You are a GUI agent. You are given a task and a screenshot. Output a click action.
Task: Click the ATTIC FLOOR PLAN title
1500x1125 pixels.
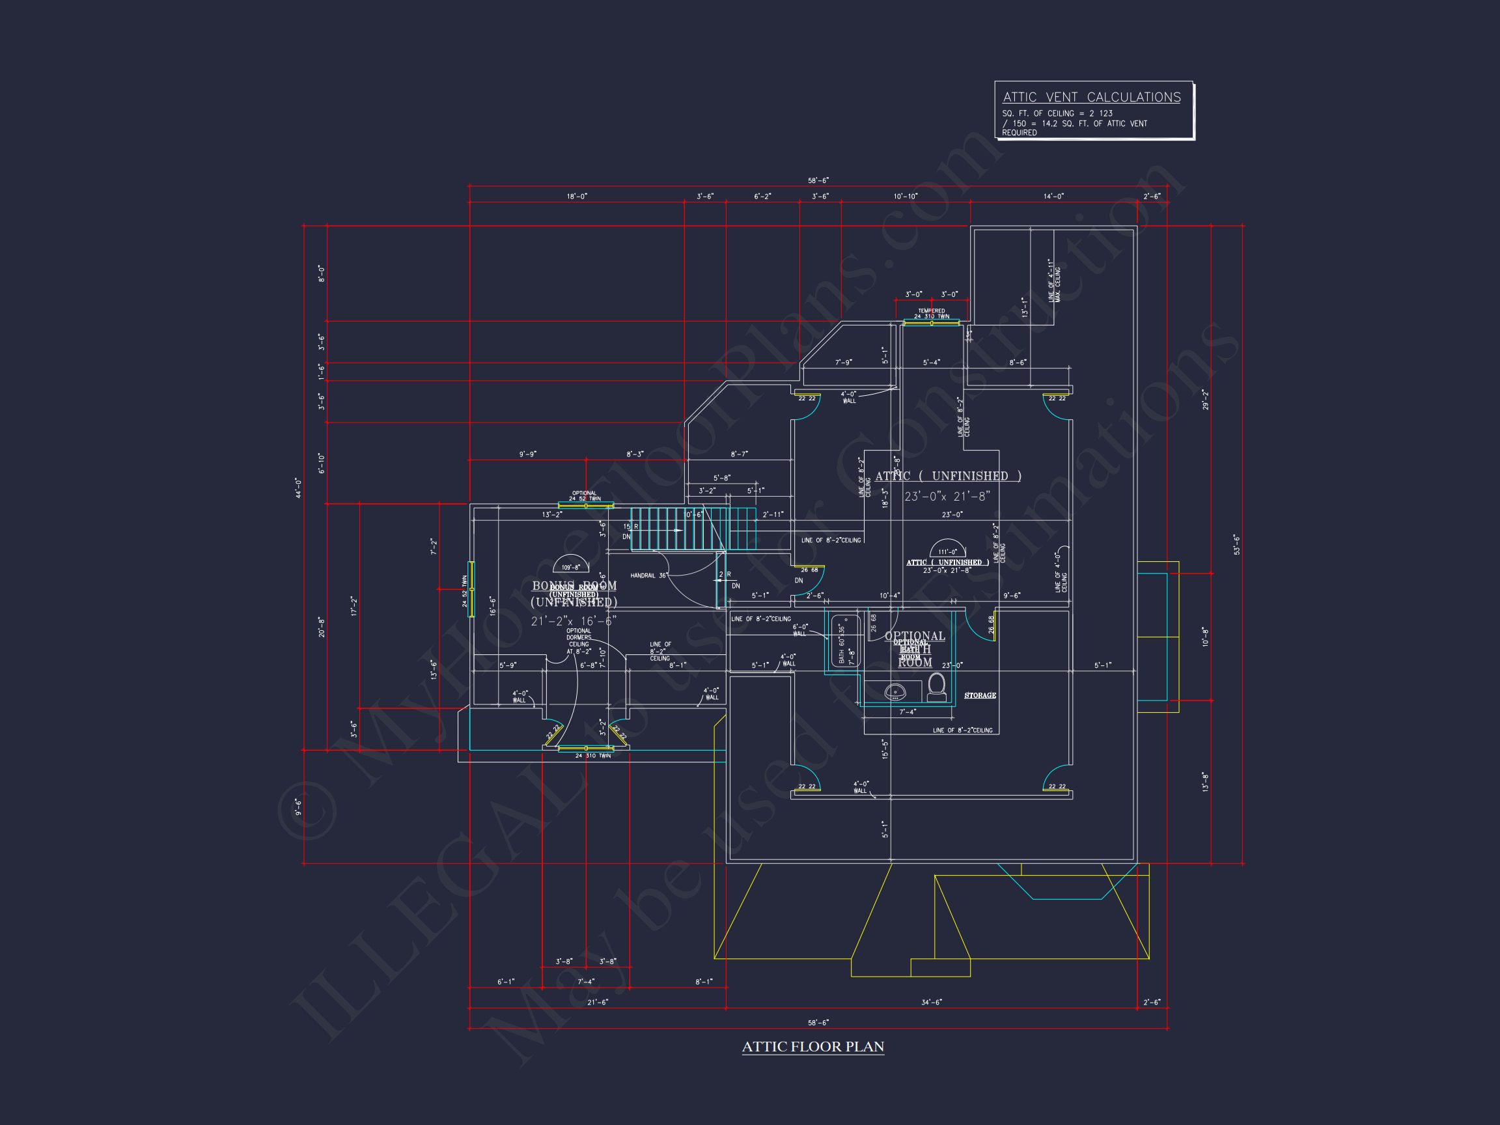(812, 1046)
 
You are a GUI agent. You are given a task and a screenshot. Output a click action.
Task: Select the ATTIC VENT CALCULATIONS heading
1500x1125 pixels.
(1091, 98)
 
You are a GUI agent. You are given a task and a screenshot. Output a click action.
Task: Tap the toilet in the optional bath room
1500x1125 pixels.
(936, 686)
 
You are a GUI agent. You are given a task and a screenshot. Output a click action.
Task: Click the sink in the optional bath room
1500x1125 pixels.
(895, 692)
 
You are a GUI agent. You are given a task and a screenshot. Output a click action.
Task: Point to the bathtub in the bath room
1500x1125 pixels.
(845, 641)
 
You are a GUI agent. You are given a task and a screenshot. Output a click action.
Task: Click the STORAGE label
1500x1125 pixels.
(980, 696)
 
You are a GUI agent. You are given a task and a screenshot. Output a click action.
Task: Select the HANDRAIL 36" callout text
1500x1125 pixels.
(649, 576)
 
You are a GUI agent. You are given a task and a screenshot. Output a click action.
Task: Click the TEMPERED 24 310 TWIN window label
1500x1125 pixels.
(931, 314)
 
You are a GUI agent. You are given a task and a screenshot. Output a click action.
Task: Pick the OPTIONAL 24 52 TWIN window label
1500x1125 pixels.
(585, 495)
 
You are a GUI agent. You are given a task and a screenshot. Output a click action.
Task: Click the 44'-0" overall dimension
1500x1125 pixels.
(298, 488)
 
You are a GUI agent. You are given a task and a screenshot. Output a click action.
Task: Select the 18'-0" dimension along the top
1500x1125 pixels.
(576, 196)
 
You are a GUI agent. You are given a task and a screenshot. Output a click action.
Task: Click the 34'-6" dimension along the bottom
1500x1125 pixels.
(931, 1002)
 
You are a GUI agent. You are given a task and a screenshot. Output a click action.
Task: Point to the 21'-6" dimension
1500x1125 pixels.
(598, 1002)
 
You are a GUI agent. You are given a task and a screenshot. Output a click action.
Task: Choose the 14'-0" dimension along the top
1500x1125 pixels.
(1053, 196)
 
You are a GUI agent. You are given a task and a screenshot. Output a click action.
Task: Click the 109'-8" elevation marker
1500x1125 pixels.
(570, 567)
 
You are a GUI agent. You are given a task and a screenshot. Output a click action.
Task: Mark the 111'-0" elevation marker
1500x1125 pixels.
(947, 552)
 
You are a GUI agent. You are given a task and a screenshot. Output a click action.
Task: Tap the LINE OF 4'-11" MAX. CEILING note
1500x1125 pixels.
(1054, 280)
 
